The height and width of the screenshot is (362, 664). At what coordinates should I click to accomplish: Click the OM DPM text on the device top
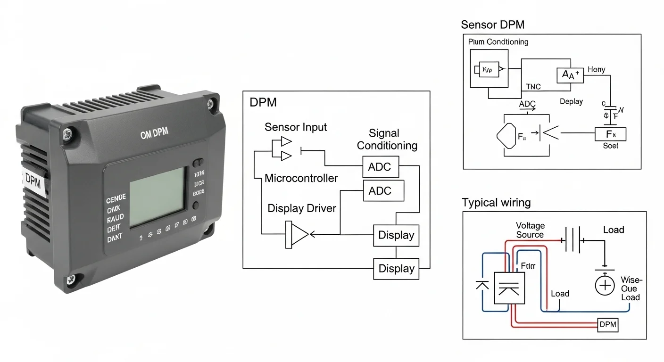[x=154, y=135]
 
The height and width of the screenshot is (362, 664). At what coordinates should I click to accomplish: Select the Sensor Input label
[x=296, y=127]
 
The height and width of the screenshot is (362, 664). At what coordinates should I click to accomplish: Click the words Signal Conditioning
[x=387, y=140]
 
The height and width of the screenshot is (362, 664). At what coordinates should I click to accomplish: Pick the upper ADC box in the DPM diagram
[x=380, y=166]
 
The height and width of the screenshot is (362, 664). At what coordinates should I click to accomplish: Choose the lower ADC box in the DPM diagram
[x=380, y=191]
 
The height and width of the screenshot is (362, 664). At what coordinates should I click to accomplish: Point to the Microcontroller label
[x=301, y=178]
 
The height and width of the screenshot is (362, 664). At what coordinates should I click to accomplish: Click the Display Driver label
[x=302, y=208]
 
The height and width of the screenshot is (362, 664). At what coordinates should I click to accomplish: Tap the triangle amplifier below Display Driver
[x=297, y=234]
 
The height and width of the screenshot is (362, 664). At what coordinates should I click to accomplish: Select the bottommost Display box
[x=396, y=269]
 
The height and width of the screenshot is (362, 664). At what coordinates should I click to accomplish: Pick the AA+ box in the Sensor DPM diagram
[x=570, y=74]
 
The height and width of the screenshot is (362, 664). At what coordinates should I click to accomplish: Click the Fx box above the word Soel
[x=610, y=134]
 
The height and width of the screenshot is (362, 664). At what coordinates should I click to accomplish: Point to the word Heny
[x=596, y=70]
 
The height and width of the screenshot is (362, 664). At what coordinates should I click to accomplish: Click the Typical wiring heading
[x=496, y=203]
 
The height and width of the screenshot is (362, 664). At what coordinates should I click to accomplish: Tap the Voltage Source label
[x=530, y=230]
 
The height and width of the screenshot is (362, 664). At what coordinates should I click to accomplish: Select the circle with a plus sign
[x=605, y=286]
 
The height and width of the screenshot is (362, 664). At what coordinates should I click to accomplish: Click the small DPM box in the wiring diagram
[x=607, y=324]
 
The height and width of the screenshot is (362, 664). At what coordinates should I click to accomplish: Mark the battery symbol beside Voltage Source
[x=573, y=239]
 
